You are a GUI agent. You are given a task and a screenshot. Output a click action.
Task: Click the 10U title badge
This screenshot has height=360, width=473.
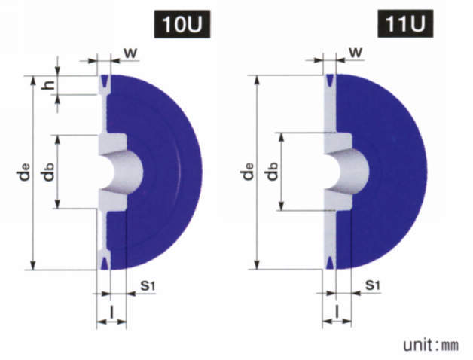[x=182, y=24]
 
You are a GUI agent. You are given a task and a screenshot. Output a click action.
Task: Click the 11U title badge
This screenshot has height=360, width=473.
[x=405, y=23]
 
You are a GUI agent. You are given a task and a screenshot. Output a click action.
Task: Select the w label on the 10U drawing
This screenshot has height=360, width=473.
[x=130, y=53]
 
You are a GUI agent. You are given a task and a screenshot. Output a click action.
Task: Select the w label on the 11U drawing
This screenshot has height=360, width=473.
[x=356, y=53]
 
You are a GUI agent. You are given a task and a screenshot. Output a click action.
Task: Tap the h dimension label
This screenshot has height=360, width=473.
[x=48, y=85]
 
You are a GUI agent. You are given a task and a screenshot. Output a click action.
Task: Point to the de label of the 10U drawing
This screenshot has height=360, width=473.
[x=24, y=172]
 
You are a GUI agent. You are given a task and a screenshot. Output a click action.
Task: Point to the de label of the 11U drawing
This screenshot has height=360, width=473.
[x=248, y=172]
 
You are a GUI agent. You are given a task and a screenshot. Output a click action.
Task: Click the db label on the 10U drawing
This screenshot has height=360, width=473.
[x=48, y=172]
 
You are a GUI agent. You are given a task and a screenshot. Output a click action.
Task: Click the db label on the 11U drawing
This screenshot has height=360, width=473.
[x=272, y=172]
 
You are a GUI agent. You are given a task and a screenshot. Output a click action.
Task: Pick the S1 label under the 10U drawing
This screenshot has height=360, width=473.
[x=148, y=285]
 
